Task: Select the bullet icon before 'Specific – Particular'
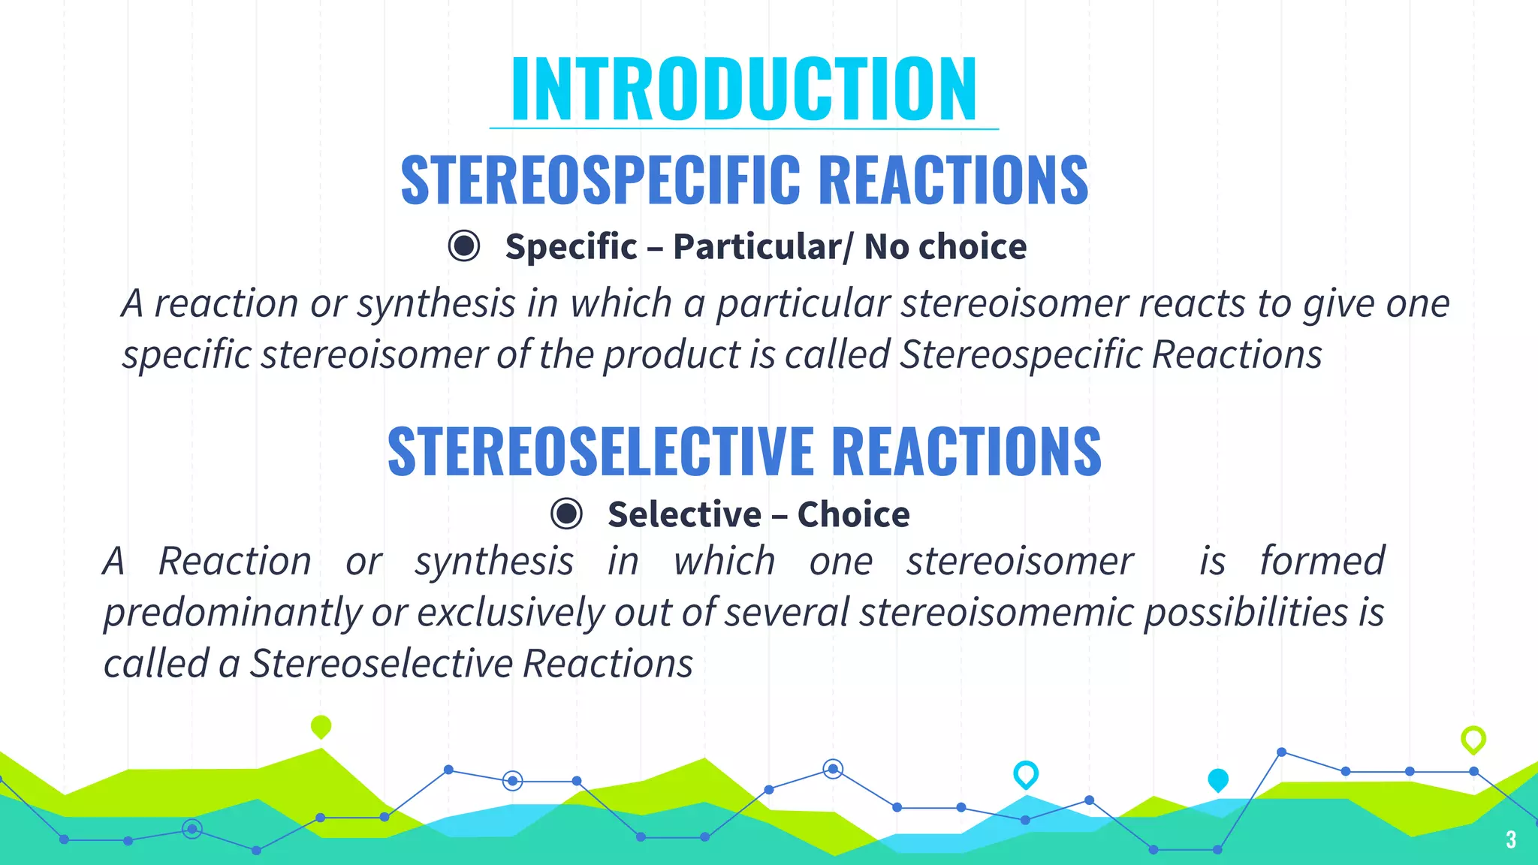tap(464, 246)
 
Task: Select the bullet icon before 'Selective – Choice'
tap(566, 514)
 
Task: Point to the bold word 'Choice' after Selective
tap(853, 514)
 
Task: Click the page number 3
tap(1510, 839)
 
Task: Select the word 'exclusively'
tap(511, 612)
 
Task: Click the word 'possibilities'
tap(1247, 612)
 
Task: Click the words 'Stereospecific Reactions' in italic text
tap(1110, 354)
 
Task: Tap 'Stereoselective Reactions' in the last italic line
tap(471, 664)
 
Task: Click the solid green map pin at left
tap(321, 726)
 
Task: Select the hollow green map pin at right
tap(1473, 739)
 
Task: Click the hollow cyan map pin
tap(1025, 773)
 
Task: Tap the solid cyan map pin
tap(1218, 779)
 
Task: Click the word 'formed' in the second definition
tap(1322, 562)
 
